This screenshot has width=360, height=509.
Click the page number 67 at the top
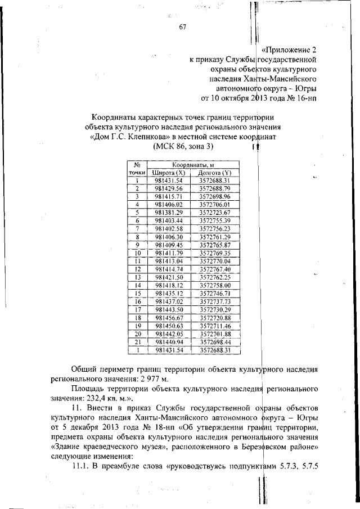coord(182,29)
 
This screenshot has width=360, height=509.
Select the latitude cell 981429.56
coord(169,188)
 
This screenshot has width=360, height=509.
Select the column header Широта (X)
coord(169,173)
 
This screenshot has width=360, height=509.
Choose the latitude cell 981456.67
coord(169,318)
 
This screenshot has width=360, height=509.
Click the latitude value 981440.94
coord(169,342)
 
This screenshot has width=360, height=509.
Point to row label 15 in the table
coord(137,294)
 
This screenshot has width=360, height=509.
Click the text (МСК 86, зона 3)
coord(183,146)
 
